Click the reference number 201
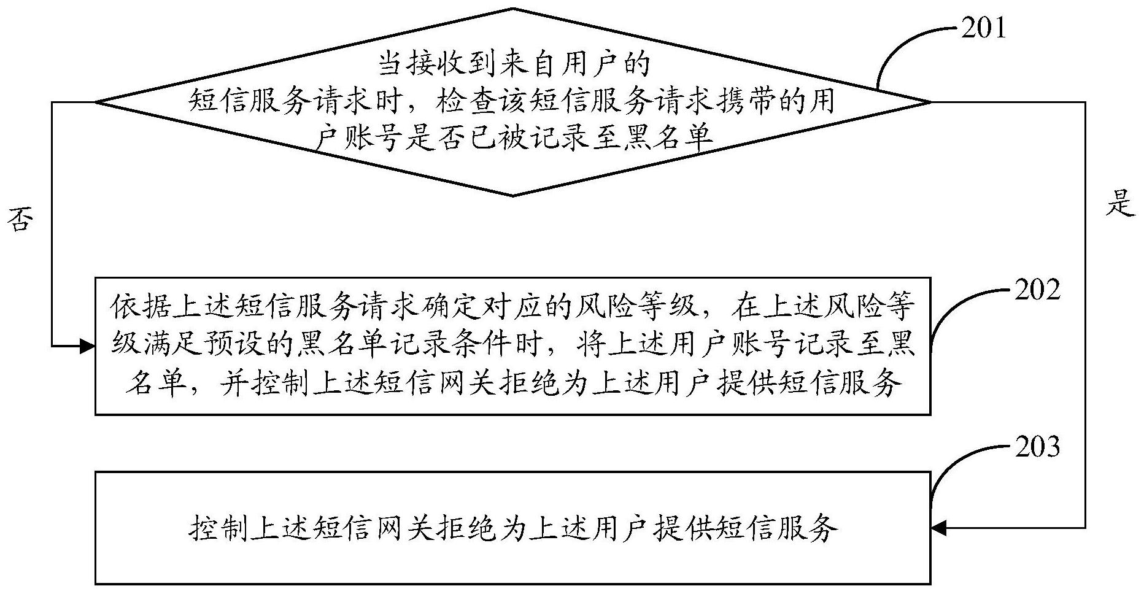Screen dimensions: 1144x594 [x=983, y=28]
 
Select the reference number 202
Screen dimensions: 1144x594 [x=1037, y=290]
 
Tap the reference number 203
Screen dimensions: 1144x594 [x=1037, y=447]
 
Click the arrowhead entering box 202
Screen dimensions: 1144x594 [x=88, y=347]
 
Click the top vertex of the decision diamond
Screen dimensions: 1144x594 [x=513, y=9]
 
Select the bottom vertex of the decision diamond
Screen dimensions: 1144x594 [x=513, y=196]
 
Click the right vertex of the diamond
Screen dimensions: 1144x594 [x=930, y=102]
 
